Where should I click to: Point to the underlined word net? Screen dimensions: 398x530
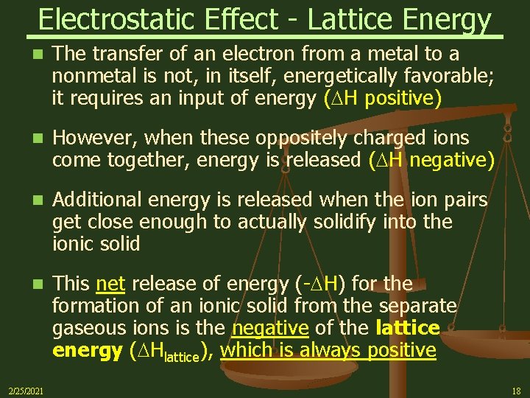pos(110,284)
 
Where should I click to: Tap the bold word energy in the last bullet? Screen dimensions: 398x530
pos(87,351)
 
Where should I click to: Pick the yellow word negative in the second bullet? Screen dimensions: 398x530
pos(450,160)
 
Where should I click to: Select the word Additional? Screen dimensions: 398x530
pos(97,200)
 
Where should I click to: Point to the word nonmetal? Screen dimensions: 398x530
pos(91,76)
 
